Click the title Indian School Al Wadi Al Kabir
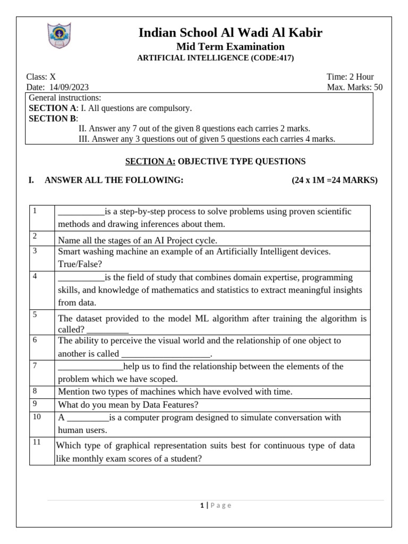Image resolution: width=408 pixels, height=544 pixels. coord(230,33)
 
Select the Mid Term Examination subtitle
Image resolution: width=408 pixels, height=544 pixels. coord(230,47)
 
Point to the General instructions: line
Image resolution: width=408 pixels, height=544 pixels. coord(64,98)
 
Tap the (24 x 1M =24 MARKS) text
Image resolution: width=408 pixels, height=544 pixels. coord(335,180)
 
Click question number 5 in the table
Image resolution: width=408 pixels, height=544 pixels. coord(35,314)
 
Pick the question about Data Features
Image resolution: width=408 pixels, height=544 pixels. coord(128,405)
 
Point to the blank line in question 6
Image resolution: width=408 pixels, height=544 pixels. coord(166,354)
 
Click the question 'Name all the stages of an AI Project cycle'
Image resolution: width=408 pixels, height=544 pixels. coord(137,240)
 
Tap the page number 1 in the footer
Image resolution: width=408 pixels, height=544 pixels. coord(202,506)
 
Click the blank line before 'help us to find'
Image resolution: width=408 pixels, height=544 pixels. coord(90,367)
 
